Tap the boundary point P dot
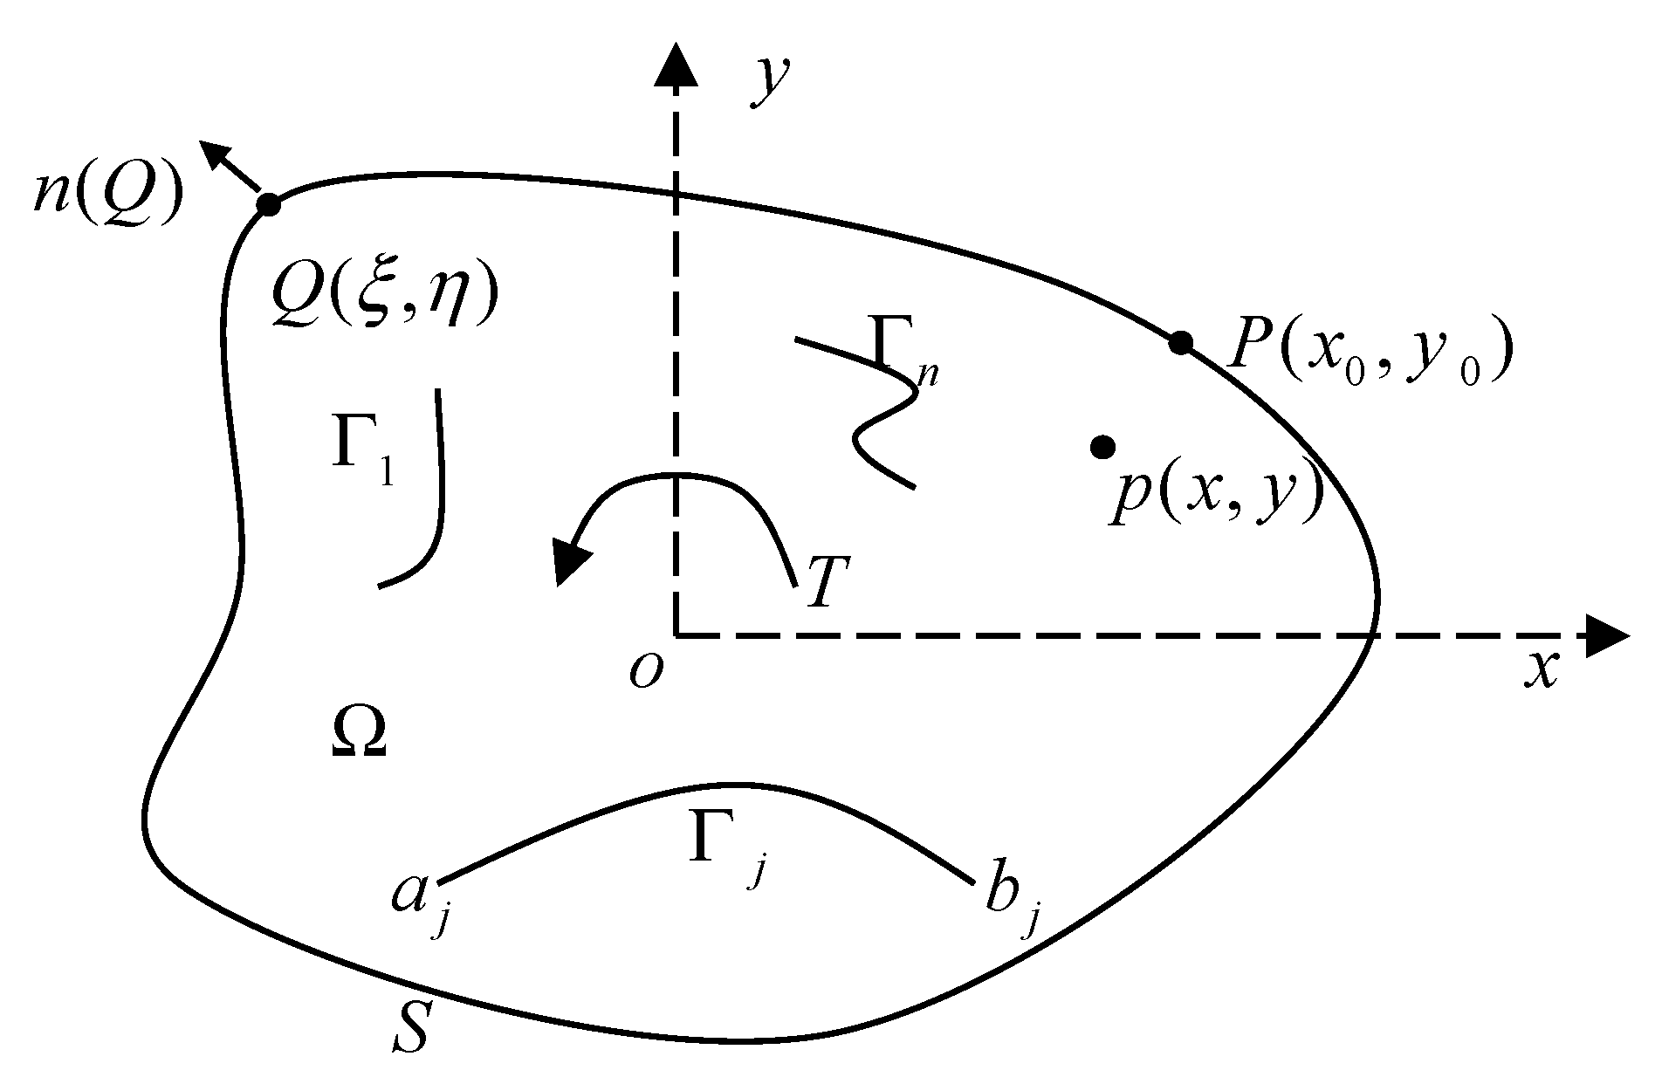1180,343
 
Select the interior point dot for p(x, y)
1103,447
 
